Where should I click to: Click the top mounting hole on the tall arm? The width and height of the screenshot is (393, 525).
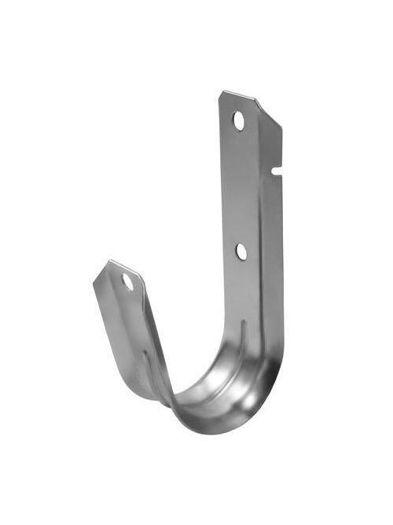[x=238, y=120]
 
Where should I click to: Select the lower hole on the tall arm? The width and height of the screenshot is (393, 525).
[x=241, y=251]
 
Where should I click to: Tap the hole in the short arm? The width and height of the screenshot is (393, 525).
[x=127, y=281]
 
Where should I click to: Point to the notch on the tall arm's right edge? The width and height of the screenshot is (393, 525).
[x=276, y=169]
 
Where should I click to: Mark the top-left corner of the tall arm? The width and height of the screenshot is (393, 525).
[x=222, y=94]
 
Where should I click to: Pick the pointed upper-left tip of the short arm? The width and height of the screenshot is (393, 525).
[x=110, y=262]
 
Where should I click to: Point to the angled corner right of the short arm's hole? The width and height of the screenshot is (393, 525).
[x=141, y=277]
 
